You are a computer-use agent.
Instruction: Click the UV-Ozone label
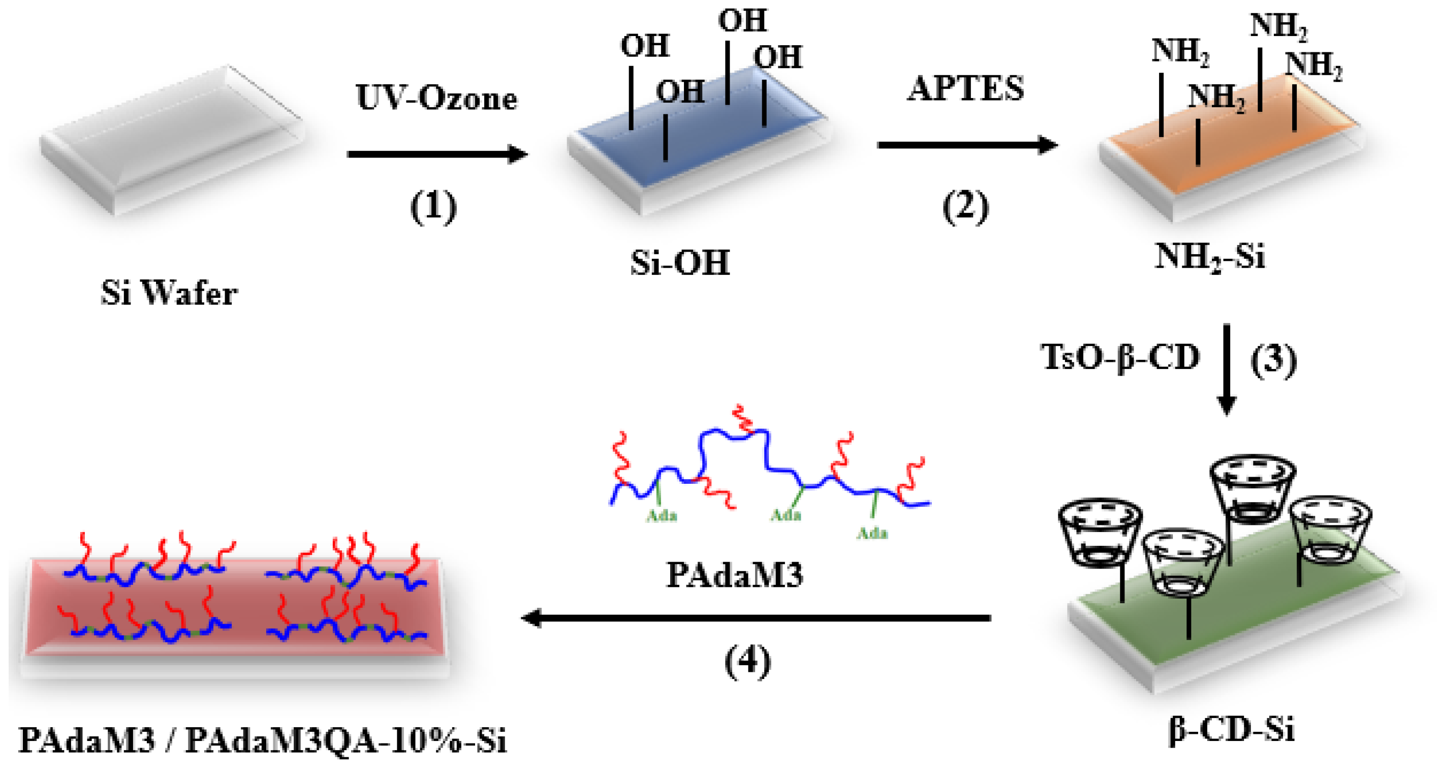click(436, 99)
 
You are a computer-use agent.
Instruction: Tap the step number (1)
click(433, 206)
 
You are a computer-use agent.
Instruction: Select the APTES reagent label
click(965, 89)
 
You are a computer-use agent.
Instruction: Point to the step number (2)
click(965, 206)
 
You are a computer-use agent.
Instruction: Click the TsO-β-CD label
click(1120, 358)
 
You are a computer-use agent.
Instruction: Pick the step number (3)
click(1273, 361)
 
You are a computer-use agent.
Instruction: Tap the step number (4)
click(747, 661)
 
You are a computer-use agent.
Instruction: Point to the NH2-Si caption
click(1210, 257)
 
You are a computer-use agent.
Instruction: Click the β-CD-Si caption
click(1231, 730)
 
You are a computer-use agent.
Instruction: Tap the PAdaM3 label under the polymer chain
click(735, 575)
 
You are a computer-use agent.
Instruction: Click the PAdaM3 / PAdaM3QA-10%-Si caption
click(263, 741)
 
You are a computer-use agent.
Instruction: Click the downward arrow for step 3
click(1227, 369)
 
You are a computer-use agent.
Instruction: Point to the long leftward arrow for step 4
click(755, 618)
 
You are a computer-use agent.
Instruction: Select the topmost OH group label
click(742, 21)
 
